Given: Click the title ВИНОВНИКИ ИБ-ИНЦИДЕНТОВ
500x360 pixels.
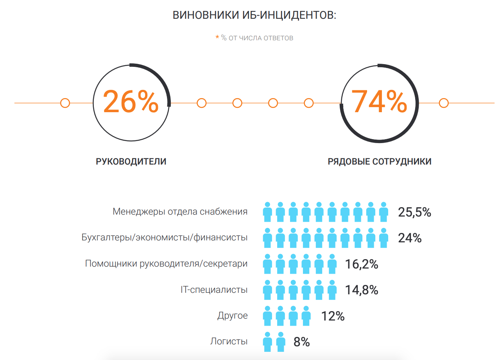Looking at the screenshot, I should (x=254, y=15).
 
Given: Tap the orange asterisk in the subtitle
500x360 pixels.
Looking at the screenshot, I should (x=217, y=38).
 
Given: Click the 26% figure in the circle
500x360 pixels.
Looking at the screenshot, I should (x=131, y=102).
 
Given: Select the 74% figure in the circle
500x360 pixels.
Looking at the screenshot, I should (x=379, y=102).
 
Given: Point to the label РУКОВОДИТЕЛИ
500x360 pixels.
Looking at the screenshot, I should (x=131, y=161).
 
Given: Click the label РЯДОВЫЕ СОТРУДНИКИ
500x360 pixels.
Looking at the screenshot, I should (x=380, y=161).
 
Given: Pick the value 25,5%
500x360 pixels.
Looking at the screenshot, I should (x=414, y=212).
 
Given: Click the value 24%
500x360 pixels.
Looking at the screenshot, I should (x=410, y=238).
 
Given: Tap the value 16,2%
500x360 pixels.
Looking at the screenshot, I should (x=361, y=264).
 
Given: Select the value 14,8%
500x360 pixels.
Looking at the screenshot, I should (x=361, y=290).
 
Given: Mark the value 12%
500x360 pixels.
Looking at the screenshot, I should (x=333, y=316).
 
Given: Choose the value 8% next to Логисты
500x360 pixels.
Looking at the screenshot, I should (x=301, y=342).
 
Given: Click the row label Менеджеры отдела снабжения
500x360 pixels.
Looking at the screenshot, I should (x=180, y=212).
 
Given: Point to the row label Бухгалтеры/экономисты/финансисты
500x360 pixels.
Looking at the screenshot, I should (x=164, y=238).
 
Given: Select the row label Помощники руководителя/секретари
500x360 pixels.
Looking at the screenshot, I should (x=166, y=264).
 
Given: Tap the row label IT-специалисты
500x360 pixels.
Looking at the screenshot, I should (x=214, y=290).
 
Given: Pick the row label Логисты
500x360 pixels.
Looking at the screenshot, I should (x=229, y=342).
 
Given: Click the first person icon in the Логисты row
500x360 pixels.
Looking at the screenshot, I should (x=267, y=342).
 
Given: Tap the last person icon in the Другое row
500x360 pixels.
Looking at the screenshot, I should (x=306, y=316).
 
